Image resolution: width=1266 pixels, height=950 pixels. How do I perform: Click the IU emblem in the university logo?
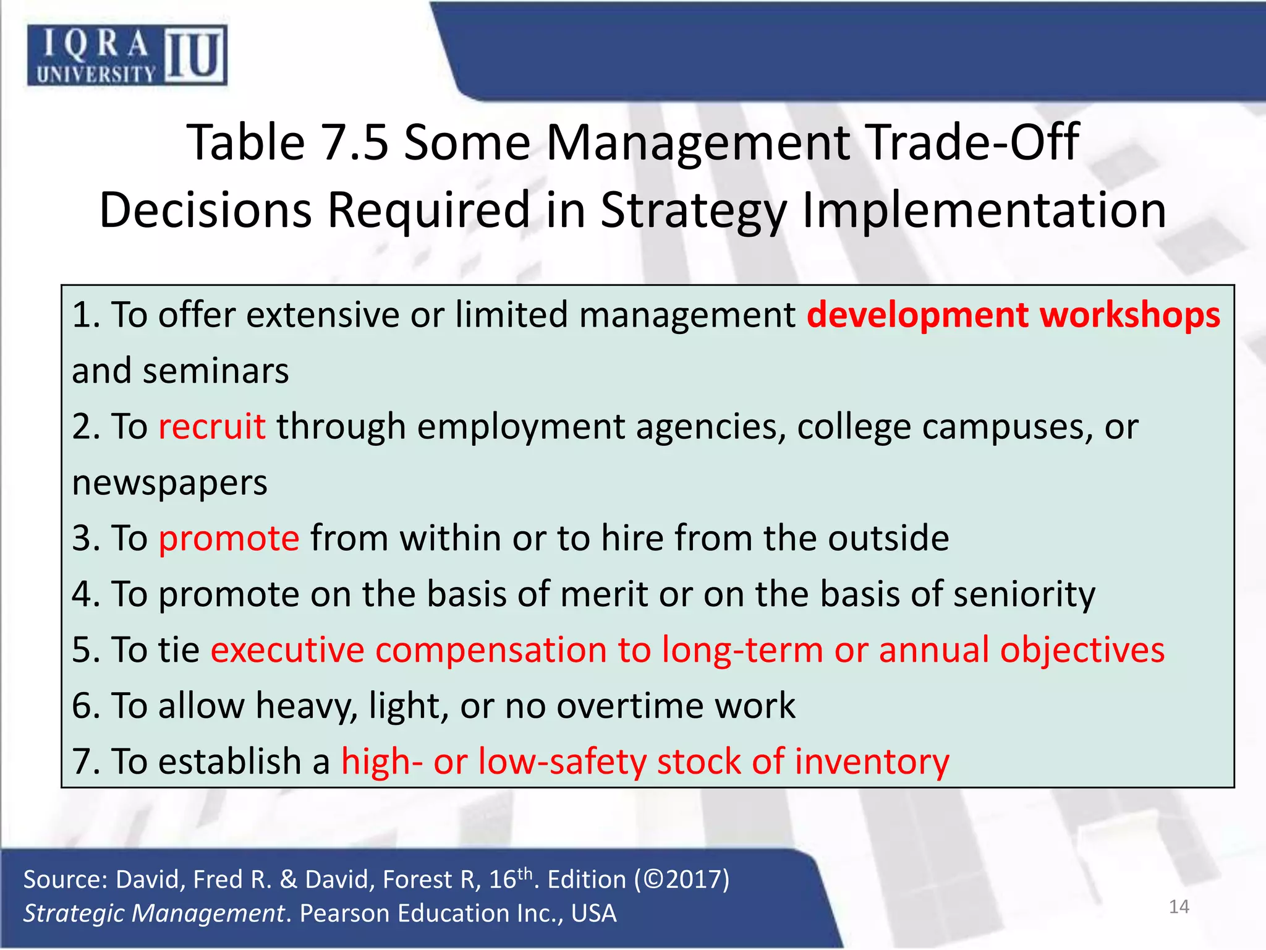[195, 56]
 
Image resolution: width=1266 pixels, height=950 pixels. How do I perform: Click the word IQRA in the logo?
[96, 43]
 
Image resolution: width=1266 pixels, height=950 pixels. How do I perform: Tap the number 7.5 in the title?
[355, 142]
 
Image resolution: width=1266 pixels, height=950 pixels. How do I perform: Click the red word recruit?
[212, 427]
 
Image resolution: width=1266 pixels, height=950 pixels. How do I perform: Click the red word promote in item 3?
[229, 538]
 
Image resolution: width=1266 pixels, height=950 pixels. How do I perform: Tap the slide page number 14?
[1179, 907]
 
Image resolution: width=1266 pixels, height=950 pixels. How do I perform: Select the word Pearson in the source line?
[344, 914]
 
